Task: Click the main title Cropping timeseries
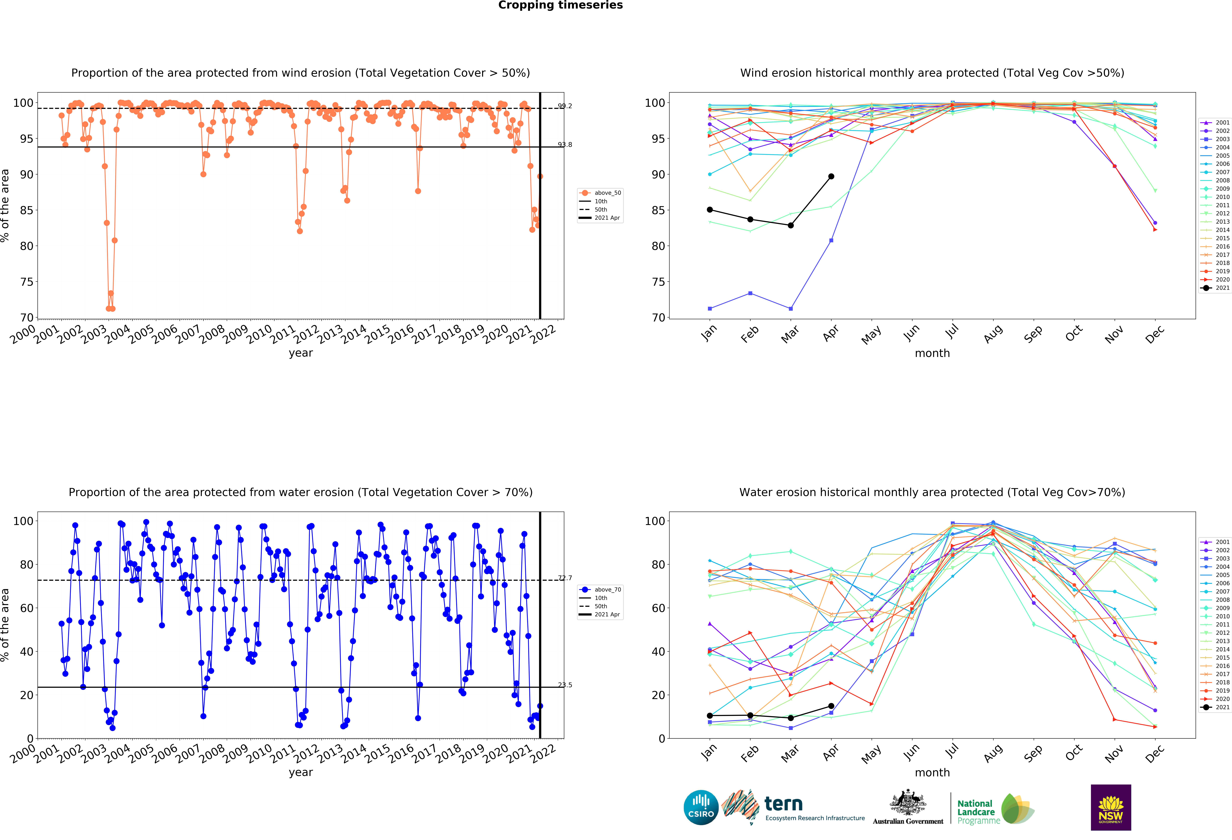(x=560, y=5)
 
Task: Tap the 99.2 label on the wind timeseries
(x=565, y=106)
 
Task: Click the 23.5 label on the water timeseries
(x=565, y=685)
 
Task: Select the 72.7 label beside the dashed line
(x=565, y=578)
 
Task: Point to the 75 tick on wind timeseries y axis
(x=27, y=282)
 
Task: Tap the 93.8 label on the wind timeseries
(x=565, y=145)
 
